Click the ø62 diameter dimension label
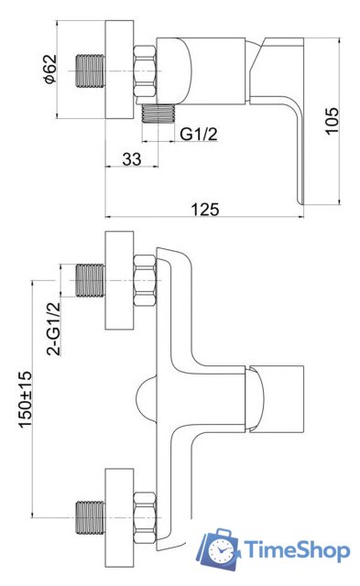click(50, 70)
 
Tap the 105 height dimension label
click(332, 120)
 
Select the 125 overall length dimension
click(205, 210)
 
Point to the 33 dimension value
click(132, 158)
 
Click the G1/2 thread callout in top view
click(199, 134)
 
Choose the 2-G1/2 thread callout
click(53, 328)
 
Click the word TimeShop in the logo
click(298, 550)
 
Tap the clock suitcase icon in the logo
click(218, 548)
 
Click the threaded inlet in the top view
click(91, 71)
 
